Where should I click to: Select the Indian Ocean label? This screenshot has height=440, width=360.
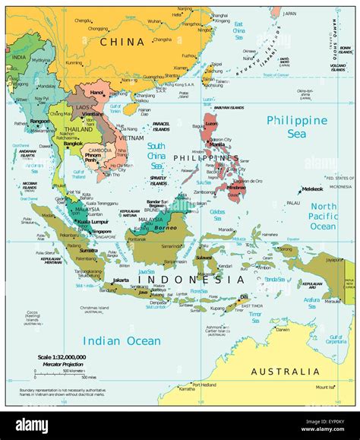coord(122,340)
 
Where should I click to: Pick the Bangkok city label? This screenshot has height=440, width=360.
coord(73,144)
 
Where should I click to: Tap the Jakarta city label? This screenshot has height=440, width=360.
coord(121,280)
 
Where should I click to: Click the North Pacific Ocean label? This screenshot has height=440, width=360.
coord(323,217)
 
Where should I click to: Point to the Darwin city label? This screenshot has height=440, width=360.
coord(283,329)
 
